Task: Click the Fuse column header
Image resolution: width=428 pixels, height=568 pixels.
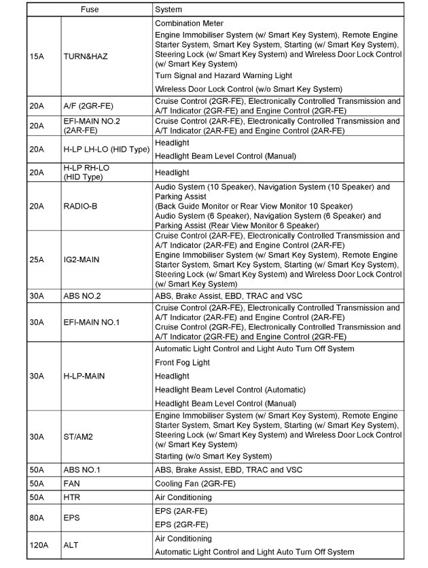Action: [x=89, y=10]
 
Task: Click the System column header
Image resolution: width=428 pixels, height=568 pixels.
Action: [x=168, y=10]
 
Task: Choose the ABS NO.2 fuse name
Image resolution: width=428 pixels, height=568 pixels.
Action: [x=82, y=296]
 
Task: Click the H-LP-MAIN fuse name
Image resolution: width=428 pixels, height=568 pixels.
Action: [x=84, y=376]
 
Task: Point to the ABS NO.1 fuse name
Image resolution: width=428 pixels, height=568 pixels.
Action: [x=82, y=469]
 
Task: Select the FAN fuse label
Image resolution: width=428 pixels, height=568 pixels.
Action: [x=72, y=483]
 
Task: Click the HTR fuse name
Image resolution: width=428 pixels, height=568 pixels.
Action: [x=72, y=497]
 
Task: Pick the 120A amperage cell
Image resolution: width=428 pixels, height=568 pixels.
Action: [x=39, y=545]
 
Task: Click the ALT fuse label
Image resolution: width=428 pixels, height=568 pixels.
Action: [x=71, y=545]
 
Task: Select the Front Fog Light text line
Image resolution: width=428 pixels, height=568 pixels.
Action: [x=183, y=362]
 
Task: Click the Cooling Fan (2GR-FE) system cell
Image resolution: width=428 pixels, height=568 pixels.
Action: [x=195, y=483]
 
